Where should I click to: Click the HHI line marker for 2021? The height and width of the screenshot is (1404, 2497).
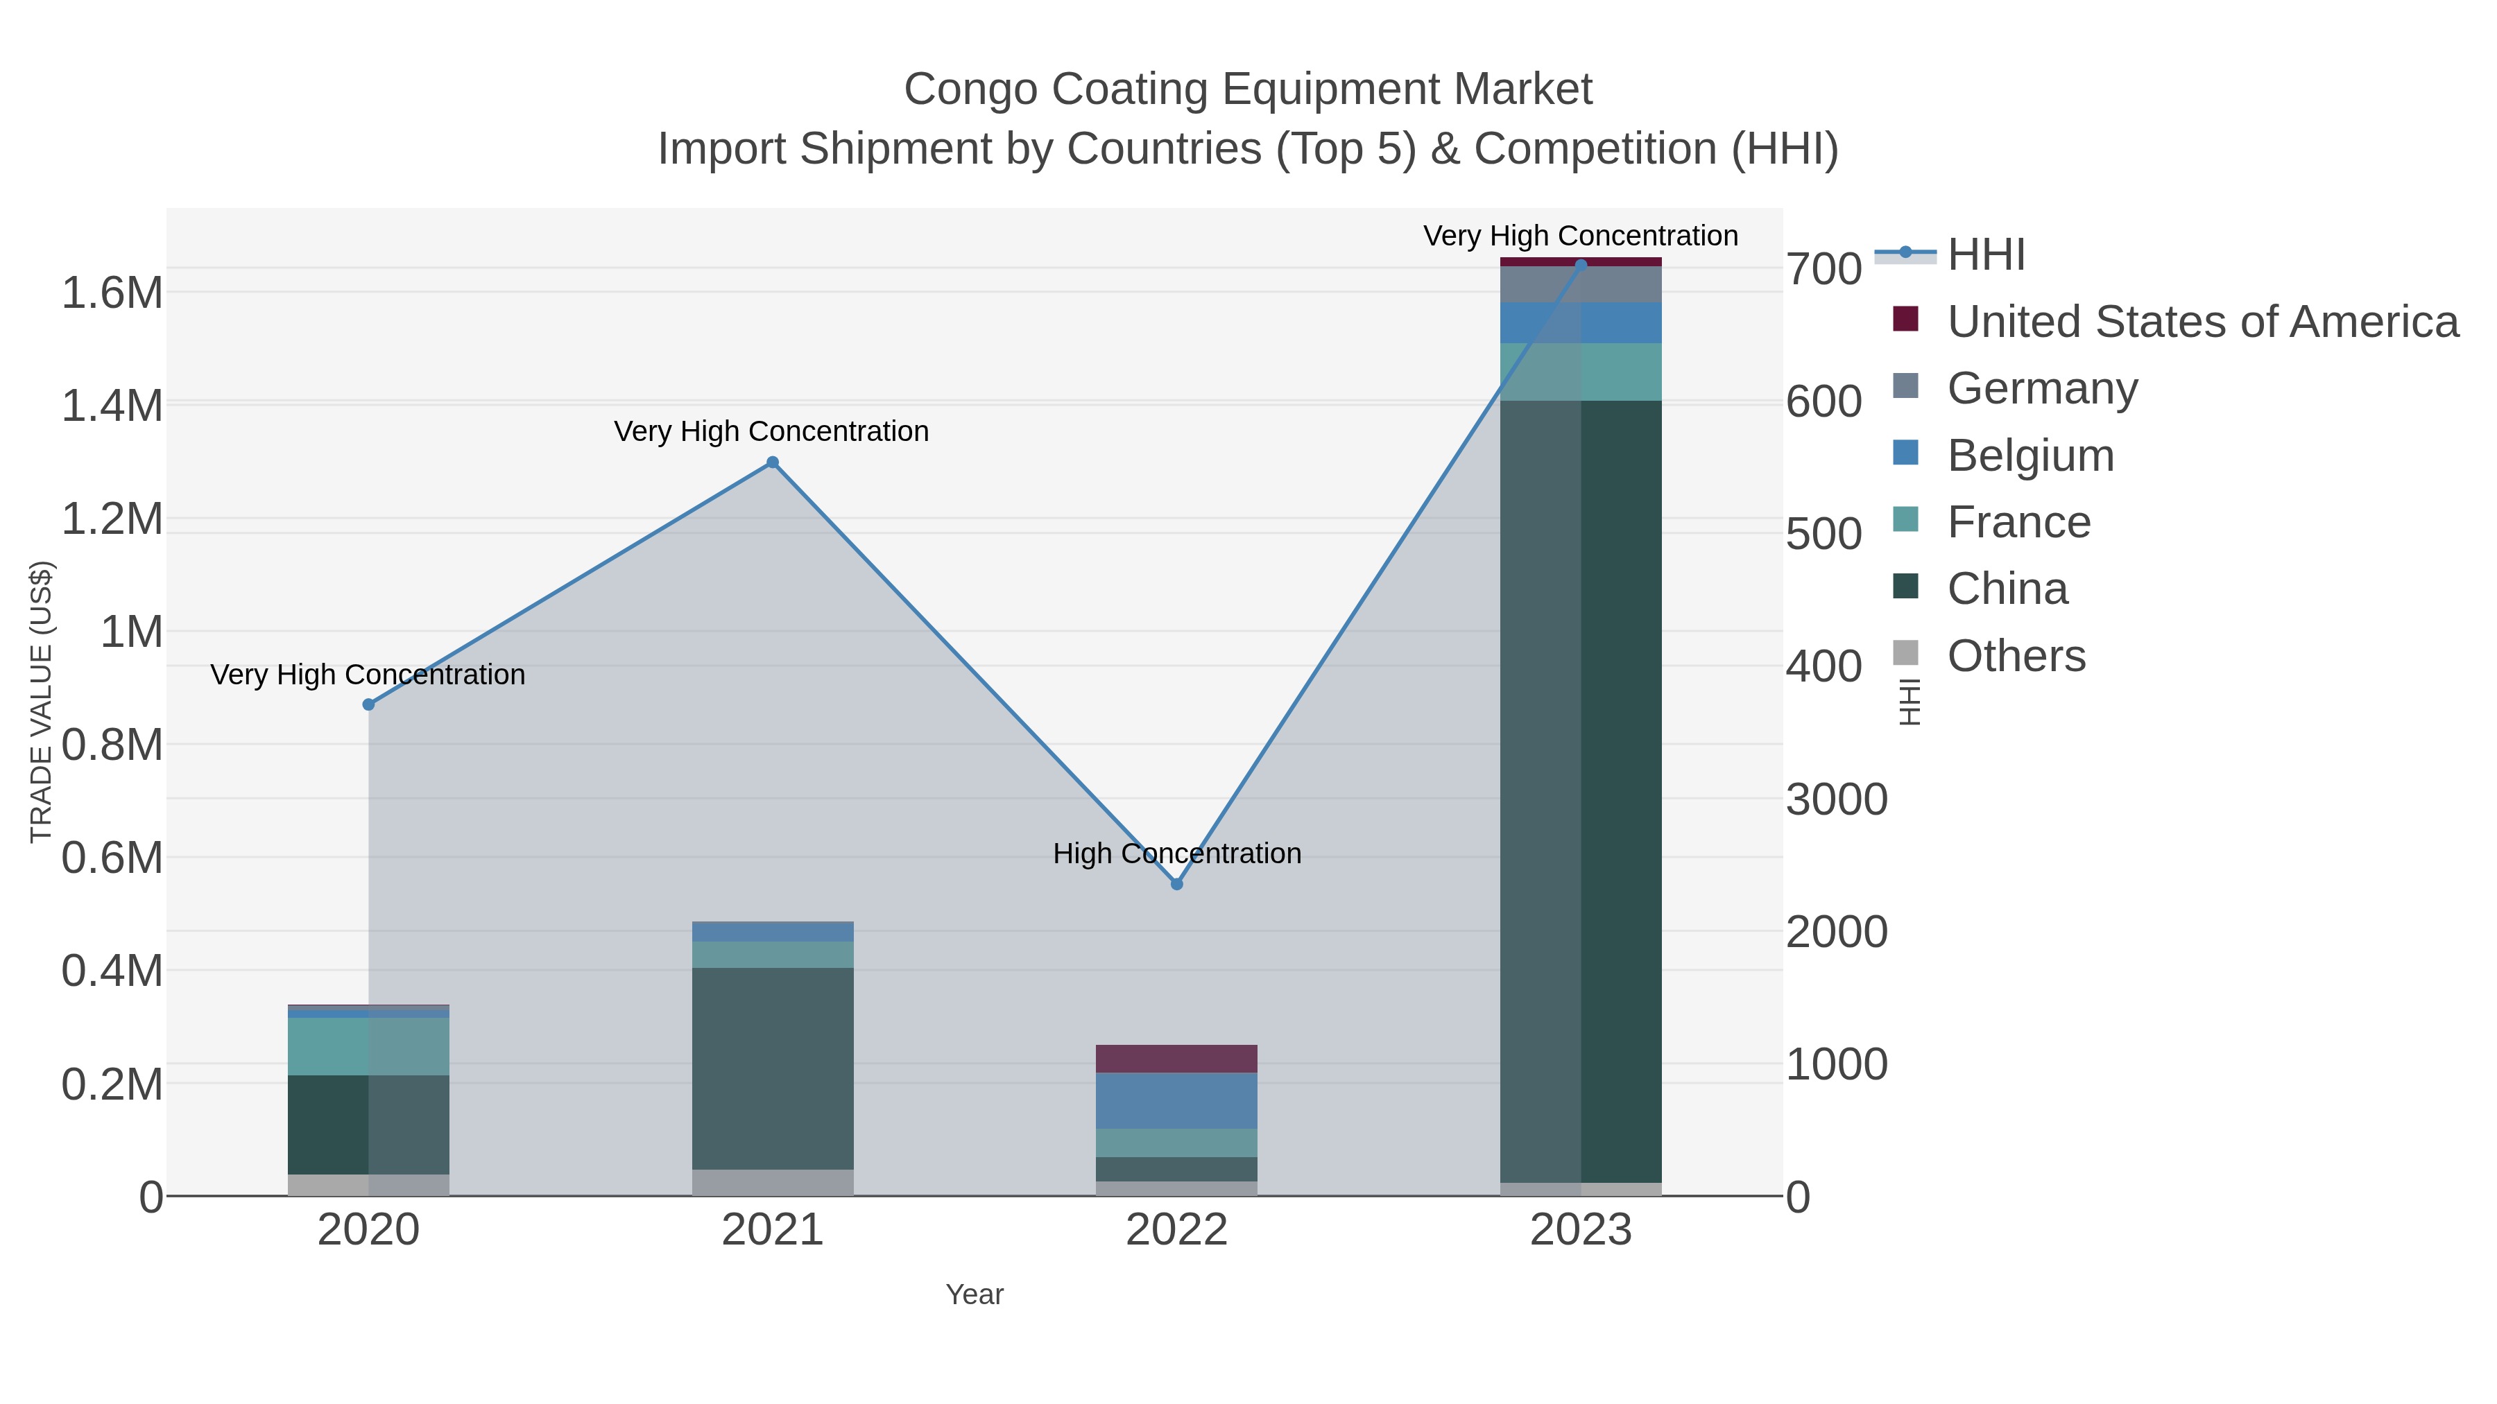pyautogui.click(x=773, y=462)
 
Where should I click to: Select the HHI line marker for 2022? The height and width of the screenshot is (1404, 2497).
pyautogui.click(x=1177, y=884)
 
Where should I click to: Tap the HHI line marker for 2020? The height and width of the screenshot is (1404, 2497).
pyautogui.click(x=368, y=704)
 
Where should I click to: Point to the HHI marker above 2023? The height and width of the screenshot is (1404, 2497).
pyautogui.click(x=1581, y=265)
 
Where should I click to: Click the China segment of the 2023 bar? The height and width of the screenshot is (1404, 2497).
pyautogui.click(x=1581, y=790)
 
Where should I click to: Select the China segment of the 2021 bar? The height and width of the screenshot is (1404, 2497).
pyautogui.click(x=773, y=1068)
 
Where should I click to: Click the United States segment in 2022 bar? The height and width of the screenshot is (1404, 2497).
pyautogui.click(x=1177, y=1058)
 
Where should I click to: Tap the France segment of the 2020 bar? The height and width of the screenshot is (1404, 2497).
pyautogui.click(x=368, y=1046)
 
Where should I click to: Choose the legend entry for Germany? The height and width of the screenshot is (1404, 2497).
pyautogui.click(x=2041, y=388)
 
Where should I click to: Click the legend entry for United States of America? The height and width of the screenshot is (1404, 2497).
pyautogui.click(x=2200, y=322)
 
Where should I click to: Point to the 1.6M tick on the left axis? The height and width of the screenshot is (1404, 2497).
pyautogui.click(x=112, y=293)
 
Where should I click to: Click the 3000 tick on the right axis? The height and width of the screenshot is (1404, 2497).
pyautogui.click(x=1836, y=799)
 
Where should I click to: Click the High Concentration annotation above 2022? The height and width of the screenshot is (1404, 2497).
pyautogui.click(x=1177, y=853)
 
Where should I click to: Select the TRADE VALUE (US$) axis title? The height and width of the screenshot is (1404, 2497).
pyautogui.click(x=41, y=702)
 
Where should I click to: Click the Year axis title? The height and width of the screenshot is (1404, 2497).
pyautogui.click(x=975, y=1294)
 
